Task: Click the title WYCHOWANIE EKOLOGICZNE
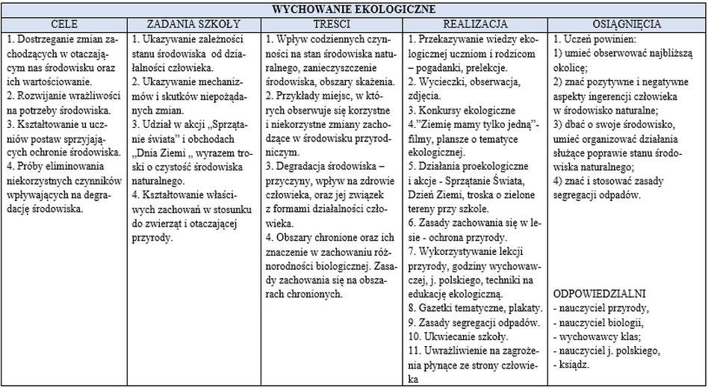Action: [353, 10]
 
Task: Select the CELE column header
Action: [64, 24]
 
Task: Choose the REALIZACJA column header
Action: [476, 24]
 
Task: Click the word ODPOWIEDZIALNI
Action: [600, 294]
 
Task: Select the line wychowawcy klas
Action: [593, 336]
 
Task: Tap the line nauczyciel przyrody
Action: [601, 308]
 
